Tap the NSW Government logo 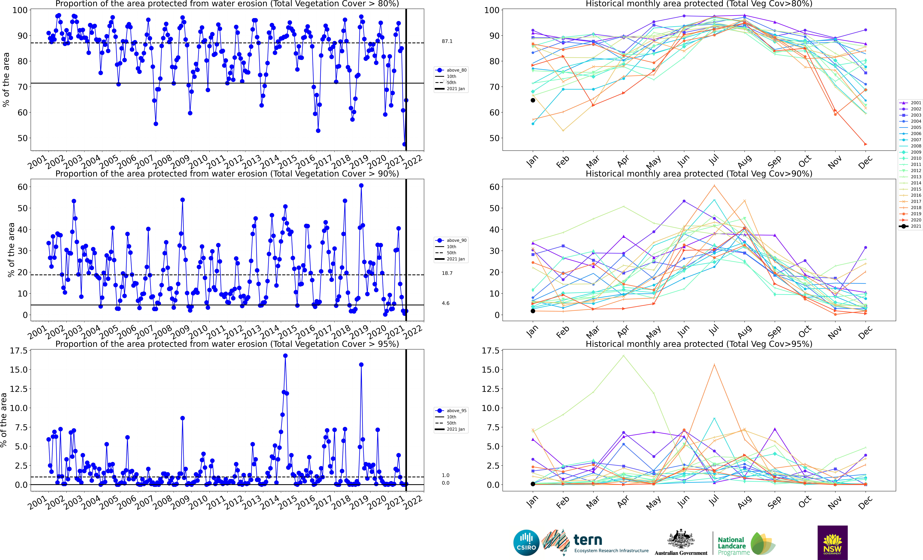(x=832, y=542)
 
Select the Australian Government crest (x=681, y=539)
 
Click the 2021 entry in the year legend (x=916, y=226)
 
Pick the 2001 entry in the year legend (x=916, y=103)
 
